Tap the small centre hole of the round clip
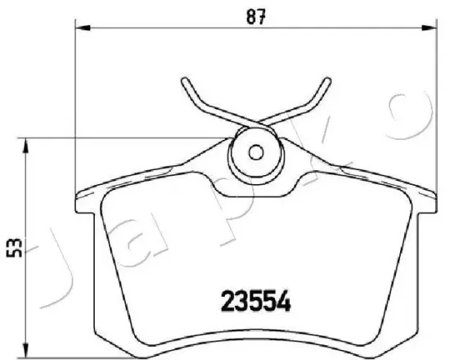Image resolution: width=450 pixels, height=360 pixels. tap(255, 152)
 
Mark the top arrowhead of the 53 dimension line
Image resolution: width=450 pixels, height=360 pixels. tap(28, 145)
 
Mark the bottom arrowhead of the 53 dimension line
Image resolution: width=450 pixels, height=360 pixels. tap(28, 350)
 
